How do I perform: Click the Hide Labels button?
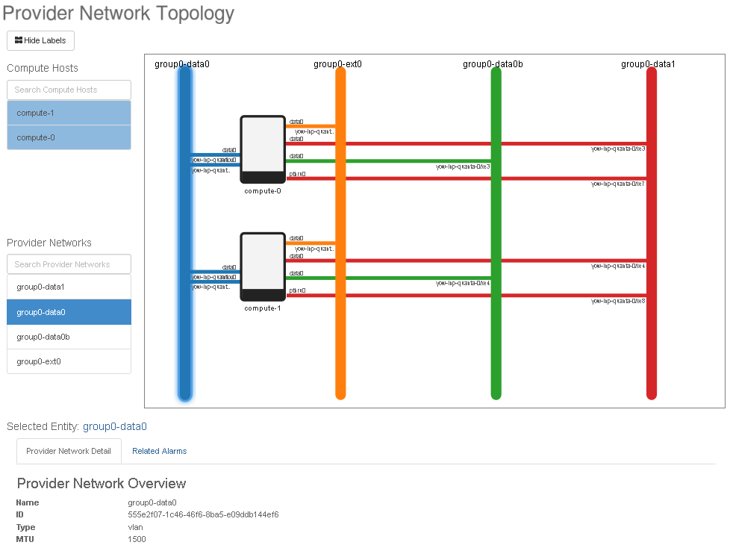tap(40, 40)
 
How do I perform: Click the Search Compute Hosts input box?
tap(69, 90)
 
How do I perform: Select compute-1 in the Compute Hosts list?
tap(69, 113)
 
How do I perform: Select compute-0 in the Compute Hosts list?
tap(69, 137)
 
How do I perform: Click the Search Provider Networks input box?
tap(69, 264)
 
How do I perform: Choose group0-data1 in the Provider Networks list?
tap(69, 287)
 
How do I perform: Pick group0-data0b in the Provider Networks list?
tap(69, 337)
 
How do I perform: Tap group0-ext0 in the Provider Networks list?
tap(69, 361)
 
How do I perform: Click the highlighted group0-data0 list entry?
tap(69, 312)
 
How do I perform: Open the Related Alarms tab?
tap(159, 451)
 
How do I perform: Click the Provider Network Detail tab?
tap(69, 451)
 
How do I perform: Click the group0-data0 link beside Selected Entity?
tap(115, 426)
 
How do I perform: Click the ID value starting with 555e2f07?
tap(203, 514)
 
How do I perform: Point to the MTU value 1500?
tap(137, 539)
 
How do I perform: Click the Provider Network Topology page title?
tap(119, 13)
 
